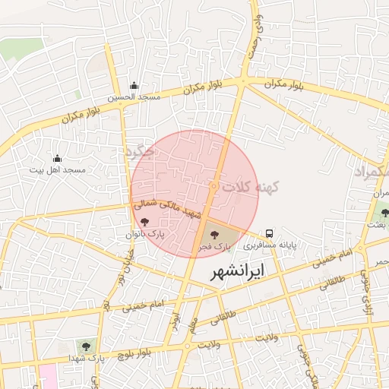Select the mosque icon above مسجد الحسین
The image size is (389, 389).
(134, 85)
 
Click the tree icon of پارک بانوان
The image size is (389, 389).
(144, 222)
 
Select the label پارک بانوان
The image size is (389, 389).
(144, 235)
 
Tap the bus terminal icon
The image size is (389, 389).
(269, 233)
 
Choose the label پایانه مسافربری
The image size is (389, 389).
(269, 246)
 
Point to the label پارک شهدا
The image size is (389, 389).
(85, 358)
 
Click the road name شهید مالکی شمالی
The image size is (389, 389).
(164, 207)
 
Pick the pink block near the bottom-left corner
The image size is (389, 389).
(47, 377)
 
